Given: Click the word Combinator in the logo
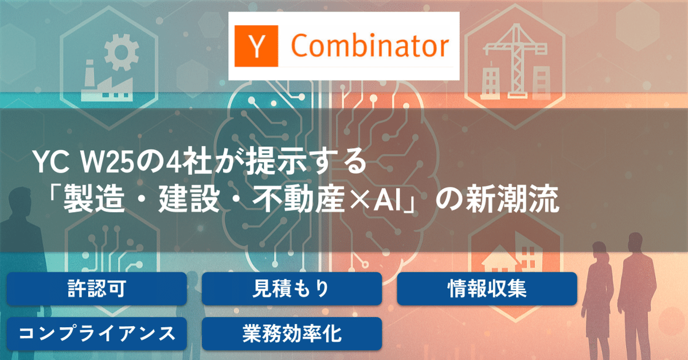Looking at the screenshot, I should coord(370,46).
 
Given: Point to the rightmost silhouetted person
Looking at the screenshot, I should coord(636,287).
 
